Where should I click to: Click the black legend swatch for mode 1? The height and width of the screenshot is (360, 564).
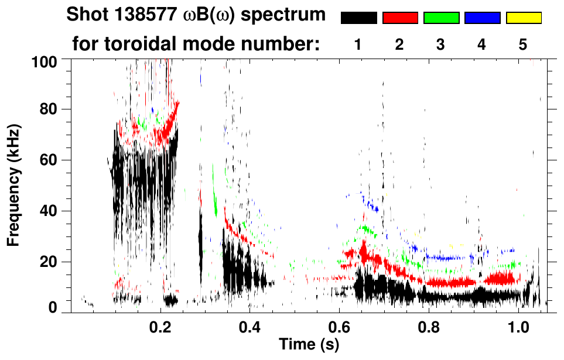[358, 18]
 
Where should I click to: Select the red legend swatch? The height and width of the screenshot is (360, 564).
[400, 18]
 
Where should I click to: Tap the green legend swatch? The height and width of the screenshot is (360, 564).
[441, 18]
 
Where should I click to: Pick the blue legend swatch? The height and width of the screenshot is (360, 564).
[482, 18]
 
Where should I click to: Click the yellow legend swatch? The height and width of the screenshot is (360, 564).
[523, 18]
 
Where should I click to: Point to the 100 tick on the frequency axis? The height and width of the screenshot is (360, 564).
[45, 61]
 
